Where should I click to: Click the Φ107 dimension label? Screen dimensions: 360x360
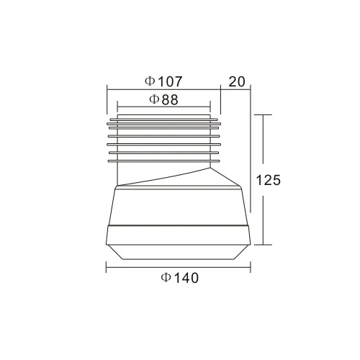(163, 81)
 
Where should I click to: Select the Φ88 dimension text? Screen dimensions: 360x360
(163, 99)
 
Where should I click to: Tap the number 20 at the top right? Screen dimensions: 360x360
(237, 81)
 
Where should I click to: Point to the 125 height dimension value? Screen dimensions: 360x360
(269, 180)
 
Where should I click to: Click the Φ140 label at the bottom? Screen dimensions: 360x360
(180, 278)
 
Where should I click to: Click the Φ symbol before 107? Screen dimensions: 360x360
(150, 81)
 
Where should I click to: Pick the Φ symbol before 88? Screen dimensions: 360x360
(154, 99)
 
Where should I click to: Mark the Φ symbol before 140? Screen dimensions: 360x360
(166, 278)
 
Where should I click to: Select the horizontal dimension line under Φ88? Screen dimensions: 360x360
(164, 107)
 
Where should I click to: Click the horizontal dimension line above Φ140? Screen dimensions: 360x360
(179, 267)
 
